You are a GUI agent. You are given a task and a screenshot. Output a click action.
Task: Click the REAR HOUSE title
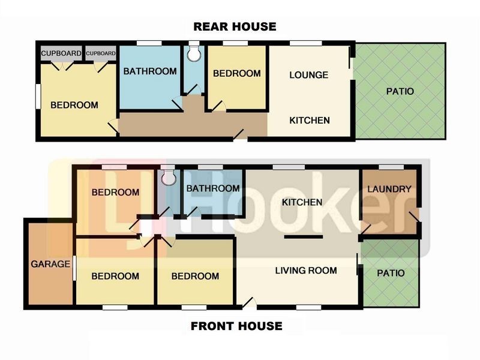[x=235, y=26]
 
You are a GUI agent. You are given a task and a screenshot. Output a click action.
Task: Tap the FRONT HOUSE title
[x=236, y=326]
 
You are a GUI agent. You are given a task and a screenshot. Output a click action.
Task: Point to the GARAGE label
[x=50, y=264]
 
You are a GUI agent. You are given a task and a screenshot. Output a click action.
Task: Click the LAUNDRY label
[x=389, y=189]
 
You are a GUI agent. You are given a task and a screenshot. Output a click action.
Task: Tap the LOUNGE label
[x=308, y=75]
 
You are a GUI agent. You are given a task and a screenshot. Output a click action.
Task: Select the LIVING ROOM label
[x=306, y=271]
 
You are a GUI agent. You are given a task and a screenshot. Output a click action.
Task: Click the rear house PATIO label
[x=400, y=91]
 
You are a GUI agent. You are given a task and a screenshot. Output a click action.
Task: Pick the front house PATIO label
[x=391, y=273]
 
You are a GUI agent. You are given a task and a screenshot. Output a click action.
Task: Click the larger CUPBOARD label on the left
[x=61, y=53]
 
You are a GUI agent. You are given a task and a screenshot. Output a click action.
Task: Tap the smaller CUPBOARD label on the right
[x=101, y=53]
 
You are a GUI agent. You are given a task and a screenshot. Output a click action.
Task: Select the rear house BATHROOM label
[x=150, y=71]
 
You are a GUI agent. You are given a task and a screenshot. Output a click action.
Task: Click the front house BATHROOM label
[x=213, y=188]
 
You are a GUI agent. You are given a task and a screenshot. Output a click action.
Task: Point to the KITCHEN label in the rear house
[x=310, y=121]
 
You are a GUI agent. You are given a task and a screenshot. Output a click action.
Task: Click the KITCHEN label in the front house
[x=302, y=202]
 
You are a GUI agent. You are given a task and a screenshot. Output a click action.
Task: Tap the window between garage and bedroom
[x=74, y=268]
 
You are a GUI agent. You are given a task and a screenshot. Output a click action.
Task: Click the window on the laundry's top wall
[x=391, y=167]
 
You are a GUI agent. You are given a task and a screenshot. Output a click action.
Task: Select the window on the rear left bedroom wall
[x=38, y=97]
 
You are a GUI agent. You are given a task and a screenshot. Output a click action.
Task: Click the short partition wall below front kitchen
[x=304, y=237]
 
